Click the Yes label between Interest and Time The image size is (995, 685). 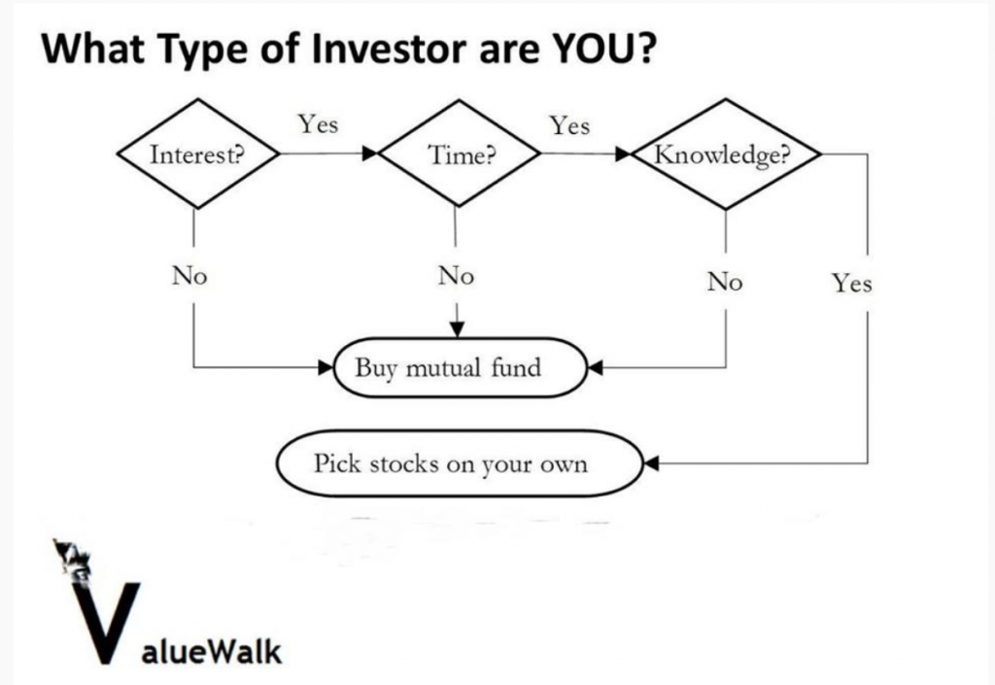click(319, 123)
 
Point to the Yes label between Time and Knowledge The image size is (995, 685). click(569, 125)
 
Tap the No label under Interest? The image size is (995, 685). click(189, 276)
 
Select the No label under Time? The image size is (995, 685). click(456, 276)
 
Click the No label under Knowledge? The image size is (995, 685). click(725, 281)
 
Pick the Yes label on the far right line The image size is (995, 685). click(852, 283)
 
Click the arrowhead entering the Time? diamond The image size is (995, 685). click(370, 154)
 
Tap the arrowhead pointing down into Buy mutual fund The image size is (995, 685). click(457, 329)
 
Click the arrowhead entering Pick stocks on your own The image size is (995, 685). click(652, 463)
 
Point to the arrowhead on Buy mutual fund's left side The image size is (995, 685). click(326, 366)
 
